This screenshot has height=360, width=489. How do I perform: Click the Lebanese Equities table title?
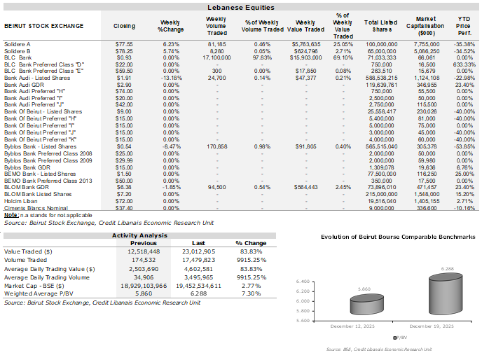coord(244,7)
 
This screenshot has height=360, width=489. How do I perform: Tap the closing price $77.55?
coord(124,43)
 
